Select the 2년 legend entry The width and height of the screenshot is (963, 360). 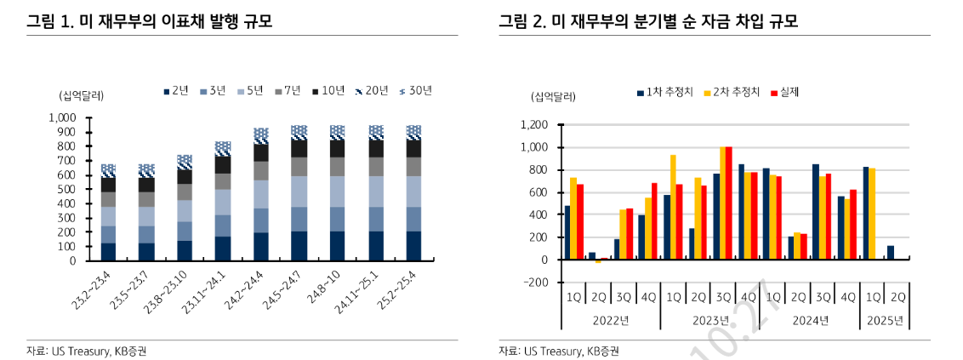174,89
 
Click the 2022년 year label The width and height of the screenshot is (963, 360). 610,320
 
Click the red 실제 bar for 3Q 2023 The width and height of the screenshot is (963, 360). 728,203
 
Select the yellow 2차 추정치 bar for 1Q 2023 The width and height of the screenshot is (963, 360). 674,207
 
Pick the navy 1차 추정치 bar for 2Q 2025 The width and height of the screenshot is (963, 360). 890,253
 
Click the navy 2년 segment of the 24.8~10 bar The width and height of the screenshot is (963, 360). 337,245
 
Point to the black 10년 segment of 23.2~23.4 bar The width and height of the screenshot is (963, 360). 108,184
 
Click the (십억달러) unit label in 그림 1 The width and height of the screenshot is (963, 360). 81,94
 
